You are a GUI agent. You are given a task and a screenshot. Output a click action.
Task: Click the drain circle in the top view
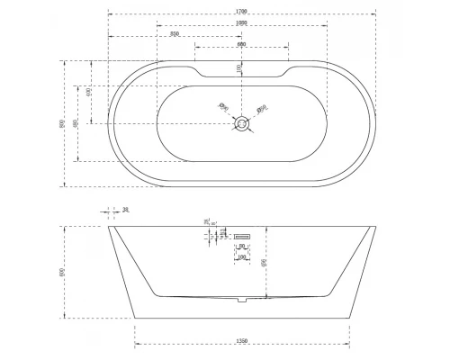click(241, 126)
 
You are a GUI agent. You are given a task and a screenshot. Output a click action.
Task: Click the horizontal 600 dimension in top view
click(241, 44)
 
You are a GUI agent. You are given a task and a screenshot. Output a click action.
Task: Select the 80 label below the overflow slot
click(241, 246)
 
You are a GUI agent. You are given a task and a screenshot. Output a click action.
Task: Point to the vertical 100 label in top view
click(238, 68)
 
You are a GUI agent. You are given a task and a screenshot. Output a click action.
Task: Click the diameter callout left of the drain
click(224, 108)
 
